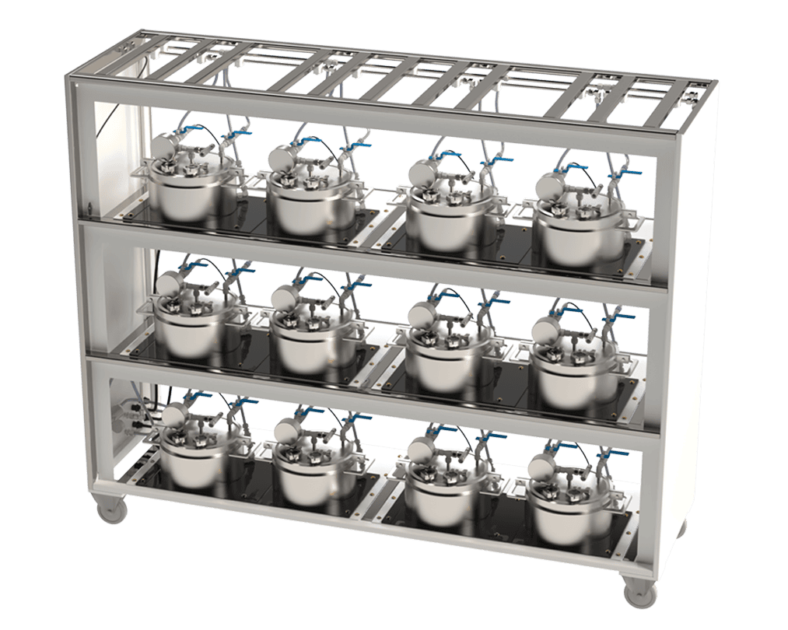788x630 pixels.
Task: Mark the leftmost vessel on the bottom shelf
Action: coord(194,459)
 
